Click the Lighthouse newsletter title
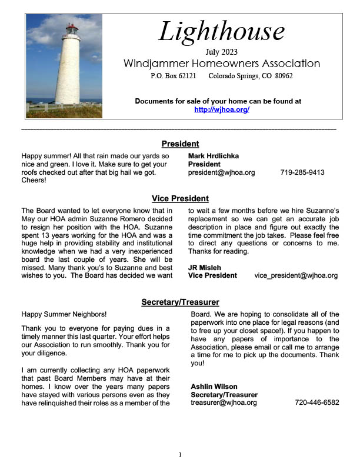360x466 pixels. point(221,31)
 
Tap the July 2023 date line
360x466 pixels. point(222,52)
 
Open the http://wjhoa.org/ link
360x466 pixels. point(222,109)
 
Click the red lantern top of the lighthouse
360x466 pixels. point(72,29)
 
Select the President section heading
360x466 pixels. point(180,144)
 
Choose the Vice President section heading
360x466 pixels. point(180,198)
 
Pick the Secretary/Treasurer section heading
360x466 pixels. point(180,302)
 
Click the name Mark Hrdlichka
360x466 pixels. point(214,156)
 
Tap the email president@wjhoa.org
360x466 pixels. point(221,172)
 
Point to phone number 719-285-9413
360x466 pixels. point(302,172)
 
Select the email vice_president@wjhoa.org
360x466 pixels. point(296,275)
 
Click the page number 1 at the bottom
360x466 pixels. point(181,454)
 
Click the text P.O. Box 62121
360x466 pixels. point(174,76)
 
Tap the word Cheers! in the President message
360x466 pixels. point(34,181)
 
